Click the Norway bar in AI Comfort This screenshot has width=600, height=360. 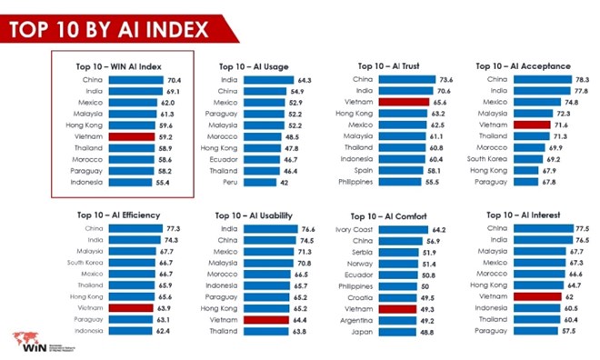(398, 263)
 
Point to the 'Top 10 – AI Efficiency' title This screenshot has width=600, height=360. (119, 215)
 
